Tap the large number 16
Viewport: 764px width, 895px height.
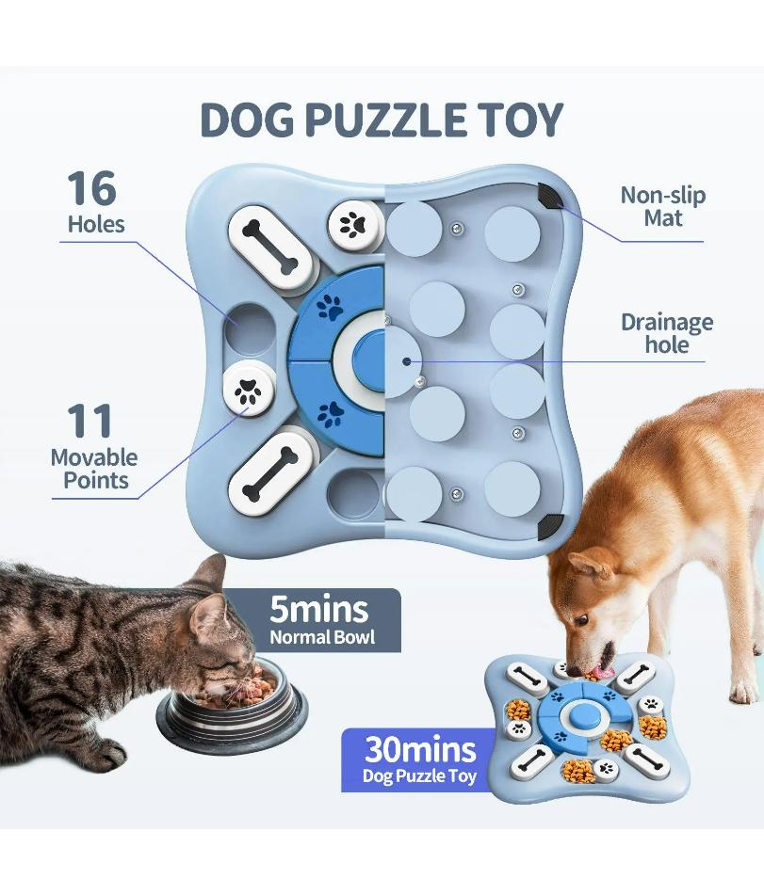pyautogui.click(x=91, y=188)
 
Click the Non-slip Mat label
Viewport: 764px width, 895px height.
pyautogui.click(x=662, y=207)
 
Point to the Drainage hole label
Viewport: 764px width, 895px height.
pyautogui.click(x=667, y=333)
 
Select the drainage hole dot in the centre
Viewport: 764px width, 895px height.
pyautogui.click(x=406, y=360)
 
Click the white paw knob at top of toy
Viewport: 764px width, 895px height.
pyautogui.click(x=354, y=224)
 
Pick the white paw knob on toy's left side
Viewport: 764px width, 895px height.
pyautogui.click(x=249, y=391)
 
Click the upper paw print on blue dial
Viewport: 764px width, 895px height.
pyautogui.click(x=330, y=306)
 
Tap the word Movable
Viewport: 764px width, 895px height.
pyautogui.click(x=94, y=458)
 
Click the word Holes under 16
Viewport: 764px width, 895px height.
pyautogui.click(x=96, y=225)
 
